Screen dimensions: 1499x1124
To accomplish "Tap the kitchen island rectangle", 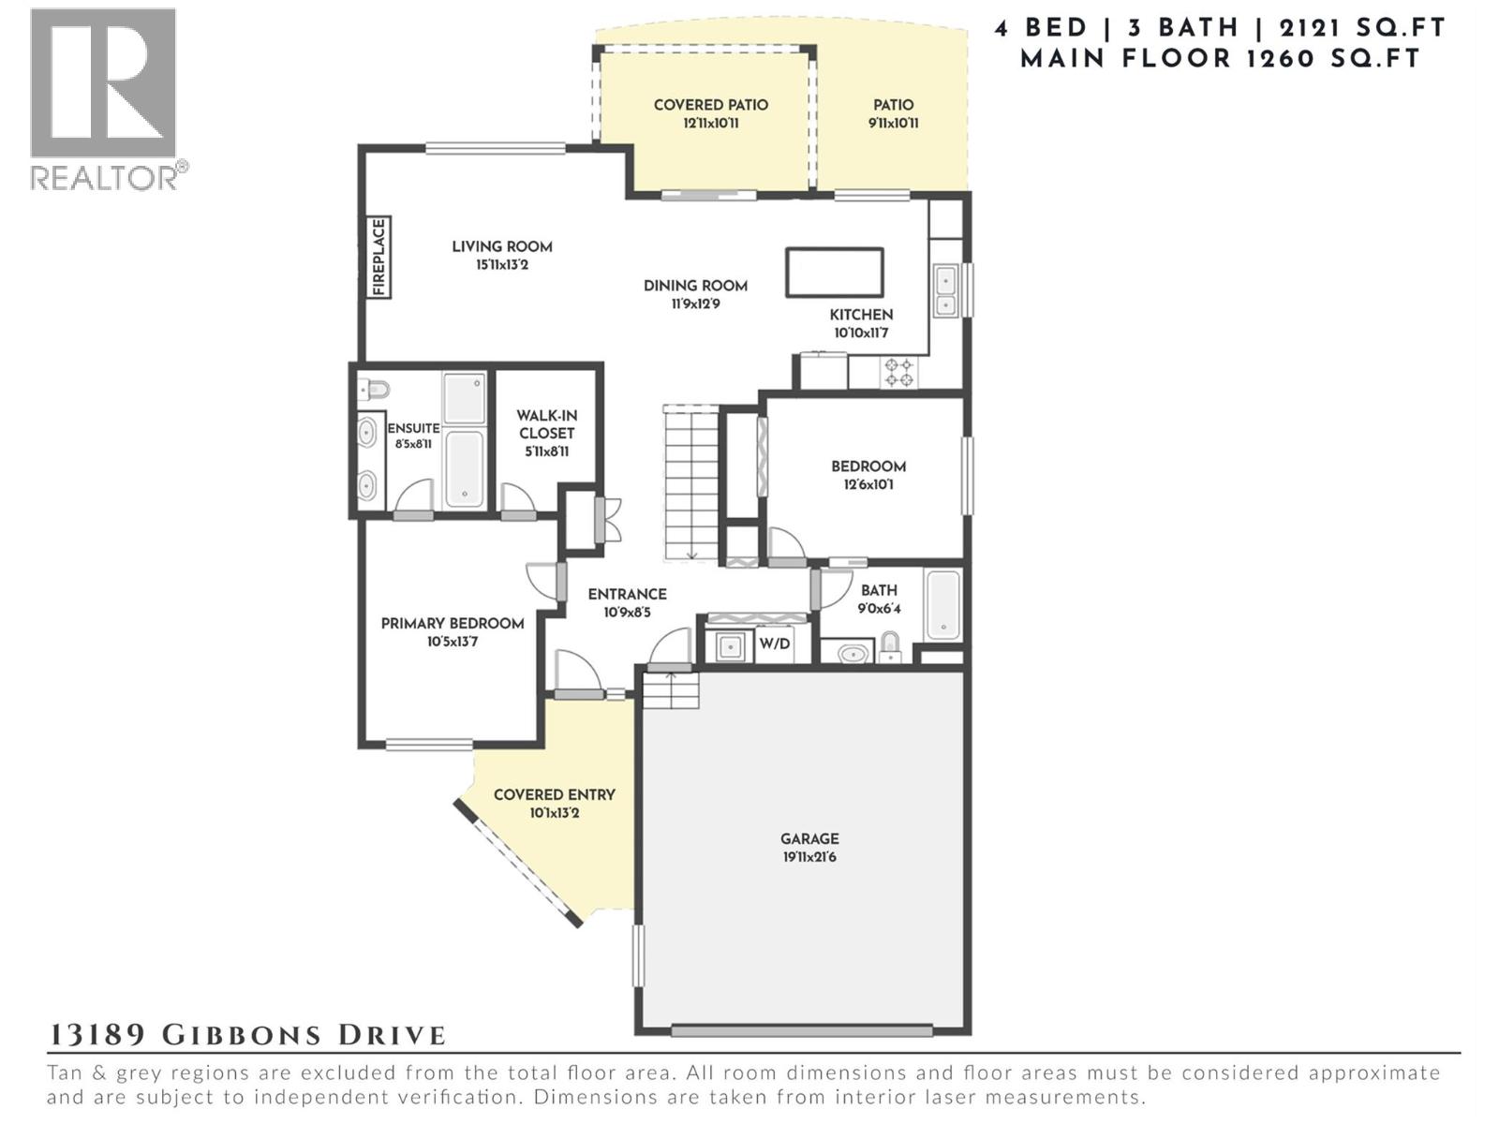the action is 834,273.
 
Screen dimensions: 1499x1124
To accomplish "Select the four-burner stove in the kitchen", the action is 898,373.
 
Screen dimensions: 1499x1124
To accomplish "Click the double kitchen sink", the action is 945,290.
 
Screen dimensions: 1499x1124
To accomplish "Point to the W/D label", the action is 775,643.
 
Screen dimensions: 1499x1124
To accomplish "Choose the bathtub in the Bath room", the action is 942,606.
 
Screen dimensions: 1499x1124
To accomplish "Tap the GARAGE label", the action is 809,838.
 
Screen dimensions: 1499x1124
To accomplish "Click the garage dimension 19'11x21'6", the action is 809,857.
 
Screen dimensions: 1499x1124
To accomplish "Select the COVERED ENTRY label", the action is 554,795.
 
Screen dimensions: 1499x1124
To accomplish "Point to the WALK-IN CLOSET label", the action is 546,423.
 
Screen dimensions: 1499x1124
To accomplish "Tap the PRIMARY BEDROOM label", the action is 453,623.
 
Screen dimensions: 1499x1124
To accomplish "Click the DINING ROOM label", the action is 695,286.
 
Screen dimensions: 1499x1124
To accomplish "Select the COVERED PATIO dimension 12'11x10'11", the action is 711,124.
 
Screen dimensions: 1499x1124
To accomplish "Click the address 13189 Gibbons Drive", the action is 246,1035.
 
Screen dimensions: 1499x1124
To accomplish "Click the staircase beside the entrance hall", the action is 691,484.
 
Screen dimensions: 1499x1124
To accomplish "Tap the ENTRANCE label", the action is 627,595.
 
